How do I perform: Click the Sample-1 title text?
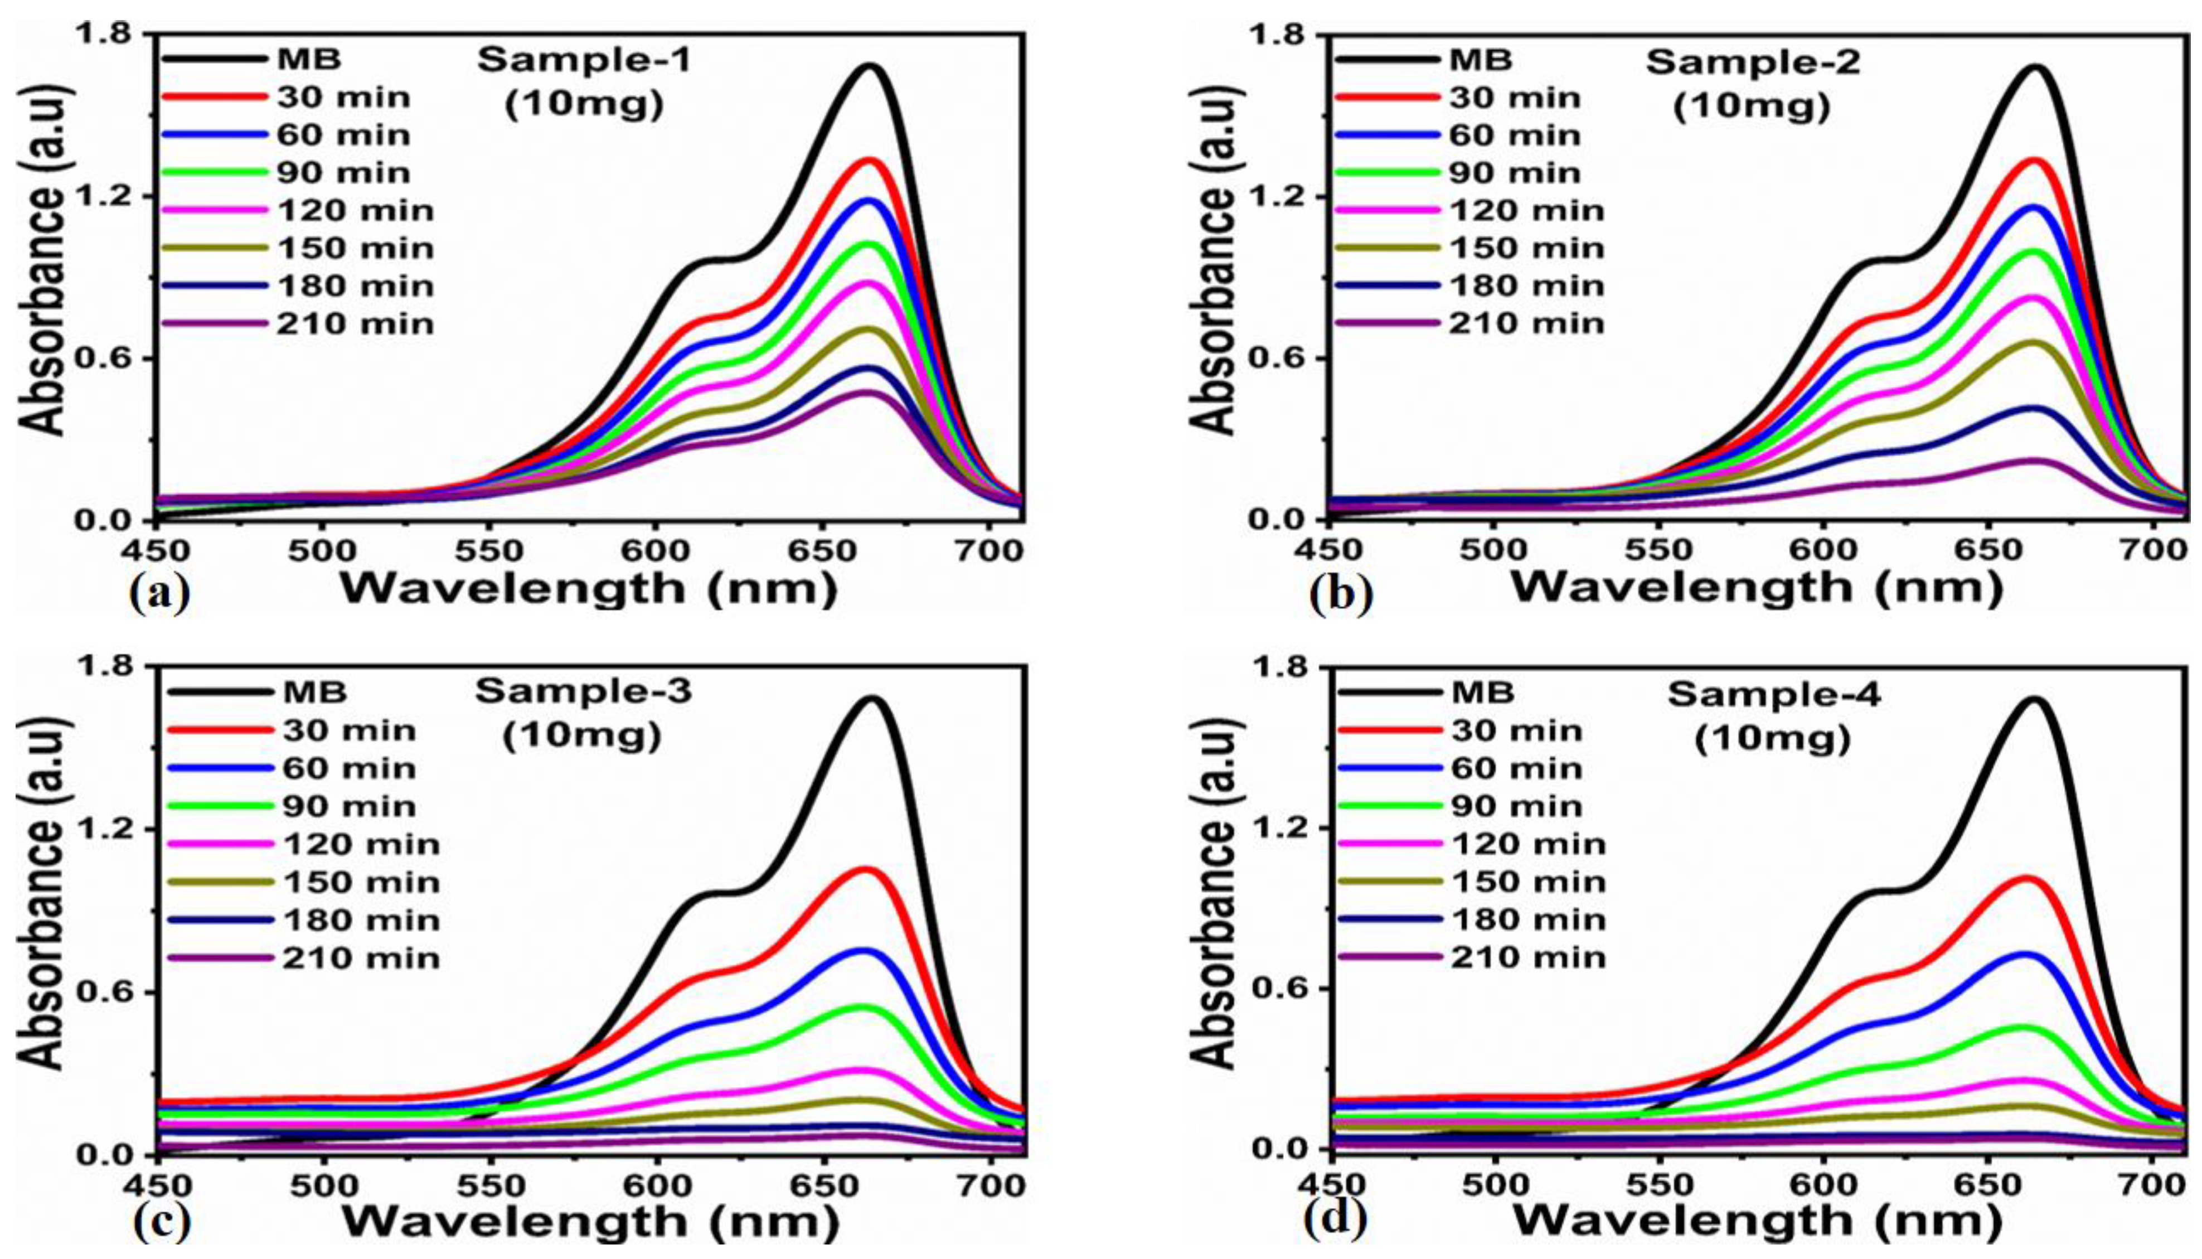click(584, 61)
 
